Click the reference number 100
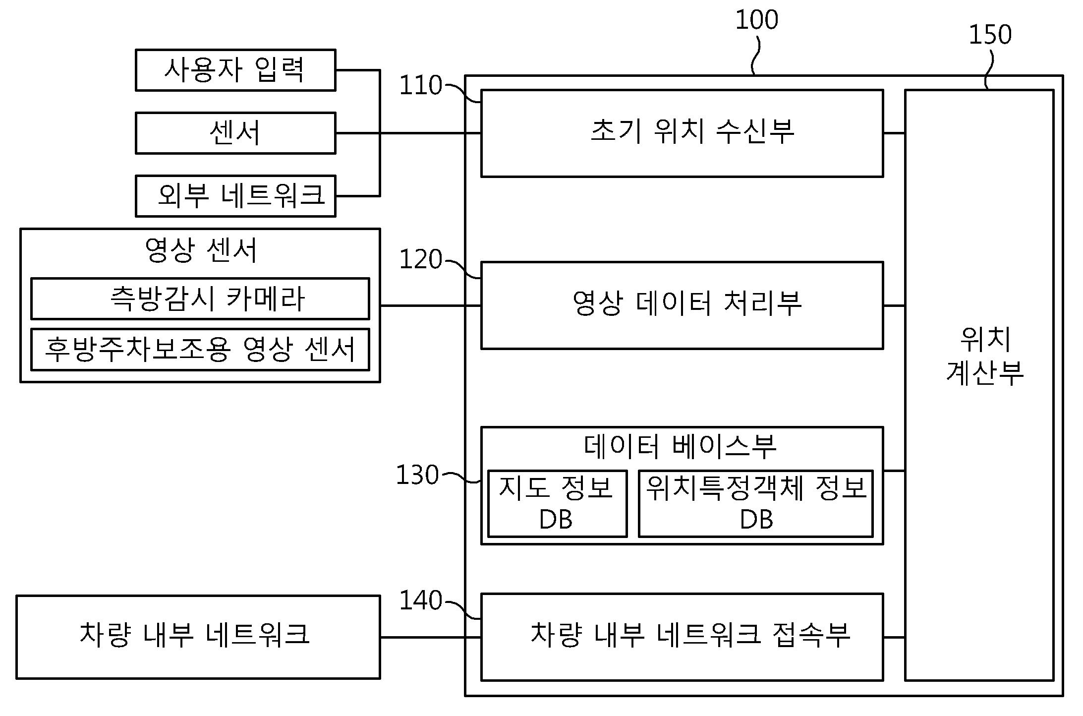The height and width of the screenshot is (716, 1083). (756, 20)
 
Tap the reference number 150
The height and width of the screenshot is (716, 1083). (990, 35)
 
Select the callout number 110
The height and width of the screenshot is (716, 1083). (420, 85)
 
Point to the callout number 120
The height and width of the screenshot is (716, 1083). (420, 259)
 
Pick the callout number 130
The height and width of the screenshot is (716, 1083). (417, 475)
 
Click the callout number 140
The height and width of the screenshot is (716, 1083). (420, 600)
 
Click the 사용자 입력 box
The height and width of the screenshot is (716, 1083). (235, 70)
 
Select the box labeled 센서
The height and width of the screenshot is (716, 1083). (235, 133)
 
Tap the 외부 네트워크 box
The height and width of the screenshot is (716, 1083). (235, 196)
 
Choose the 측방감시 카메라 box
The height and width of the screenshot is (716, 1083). (200, 298)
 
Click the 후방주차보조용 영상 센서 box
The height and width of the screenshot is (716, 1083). (200, 349)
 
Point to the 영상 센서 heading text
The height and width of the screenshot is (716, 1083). (201, 250)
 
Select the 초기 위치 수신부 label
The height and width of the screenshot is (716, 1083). (692, 132)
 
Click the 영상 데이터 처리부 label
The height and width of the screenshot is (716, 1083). (687, 303)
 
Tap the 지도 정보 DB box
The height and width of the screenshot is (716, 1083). (557, 503)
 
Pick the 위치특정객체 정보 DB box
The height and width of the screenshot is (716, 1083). (755, 503)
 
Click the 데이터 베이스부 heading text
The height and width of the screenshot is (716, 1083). (680, 446)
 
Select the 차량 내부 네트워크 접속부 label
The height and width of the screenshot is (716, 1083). (690, 635)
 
